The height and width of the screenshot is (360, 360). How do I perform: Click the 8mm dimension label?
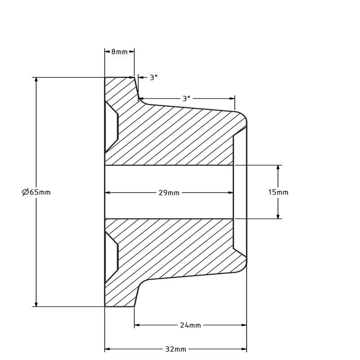(x=119, y=52)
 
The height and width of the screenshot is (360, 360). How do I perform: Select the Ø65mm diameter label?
(x=36, y=192)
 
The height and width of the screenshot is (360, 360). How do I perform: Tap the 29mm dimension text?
(x=169, y=193)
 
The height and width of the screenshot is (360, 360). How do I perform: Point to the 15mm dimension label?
(x=278, y=192)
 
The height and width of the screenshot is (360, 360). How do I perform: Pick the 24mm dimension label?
(x=190, y=325)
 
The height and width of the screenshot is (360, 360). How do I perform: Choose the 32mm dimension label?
(x=175, y=350)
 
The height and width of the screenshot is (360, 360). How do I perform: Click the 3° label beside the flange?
(x=154, y=77)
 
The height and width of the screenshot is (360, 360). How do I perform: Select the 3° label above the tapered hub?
(x=186, y=99)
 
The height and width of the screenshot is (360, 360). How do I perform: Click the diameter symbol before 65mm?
(x=25, y=192)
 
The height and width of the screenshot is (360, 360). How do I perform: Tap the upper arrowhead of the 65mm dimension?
(x=36, y=80)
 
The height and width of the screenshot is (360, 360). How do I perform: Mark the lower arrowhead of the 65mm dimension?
(x=36, y=304)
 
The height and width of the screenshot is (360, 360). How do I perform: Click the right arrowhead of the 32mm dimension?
(x=244, y=350)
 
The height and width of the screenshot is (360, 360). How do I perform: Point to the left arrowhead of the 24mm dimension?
(x=137, y=325)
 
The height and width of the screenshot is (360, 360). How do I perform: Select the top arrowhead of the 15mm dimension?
(x=278, y=168)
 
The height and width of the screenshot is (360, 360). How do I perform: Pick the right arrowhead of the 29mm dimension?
(x=231, y=193)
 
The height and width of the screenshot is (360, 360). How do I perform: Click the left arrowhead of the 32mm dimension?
(x=108, y=350)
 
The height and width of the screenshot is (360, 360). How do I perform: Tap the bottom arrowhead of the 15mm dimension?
(x=278, y=216)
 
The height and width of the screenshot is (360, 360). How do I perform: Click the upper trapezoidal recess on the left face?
(x=111, y=127)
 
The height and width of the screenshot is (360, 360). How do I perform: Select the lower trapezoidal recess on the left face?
(x=111, y=257)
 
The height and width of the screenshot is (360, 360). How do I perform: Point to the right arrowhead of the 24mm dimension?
(x=244, y=325)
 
